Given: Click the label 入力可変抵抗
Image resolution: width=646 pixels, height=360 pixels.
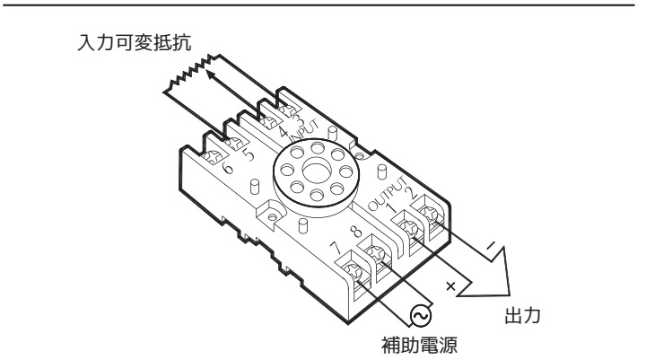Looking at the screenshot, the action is tap(135, 42).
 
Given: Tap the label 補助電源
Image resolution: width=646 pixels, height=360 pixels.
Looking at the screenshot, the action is tap(419, 345).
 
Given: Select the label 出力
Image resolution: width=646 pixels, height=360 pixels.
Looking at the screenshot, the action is tap(522, 316).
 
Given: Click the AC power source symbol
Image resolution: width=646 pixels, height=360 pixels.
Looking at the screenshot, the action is tap(421, 316).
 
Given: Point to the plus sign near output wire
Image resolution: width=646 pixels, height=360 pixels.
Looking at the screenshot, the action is tap(450, 285).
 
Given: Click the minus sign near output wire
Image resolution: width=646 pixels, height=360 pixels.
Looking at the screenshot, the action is tap(491, 246).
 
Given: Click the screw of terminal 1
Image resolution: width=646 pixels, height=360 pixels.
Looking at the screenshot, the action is tap(410, 228).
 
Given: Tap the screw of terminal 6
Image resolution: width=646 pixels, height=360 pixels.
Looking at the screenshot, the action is tap(214, 157).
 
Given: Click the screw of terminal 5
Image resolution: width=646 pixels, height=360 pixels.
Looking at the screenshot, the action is tap(236, 143).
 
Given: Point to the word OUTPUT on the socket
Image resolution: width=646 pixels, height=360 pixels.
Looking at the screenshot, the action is tap(387, 194).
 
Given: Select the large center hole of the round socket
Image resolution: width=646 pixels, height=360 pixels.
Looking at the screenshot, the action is tap(316, 172).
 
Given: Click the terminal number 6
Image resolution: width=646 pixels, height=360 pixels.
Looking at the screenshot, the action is tap(227, 167).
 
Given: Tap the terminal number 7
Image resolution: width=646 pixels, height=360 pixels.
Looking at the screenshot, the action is tap(336, 247).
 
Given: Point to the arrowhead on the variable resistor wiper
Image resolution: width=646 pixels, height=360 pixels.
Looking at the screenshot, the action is tap(210, 75).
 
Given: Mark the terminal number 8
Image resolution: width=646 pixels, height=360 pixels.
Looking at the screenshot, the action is tap(356, 232).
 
